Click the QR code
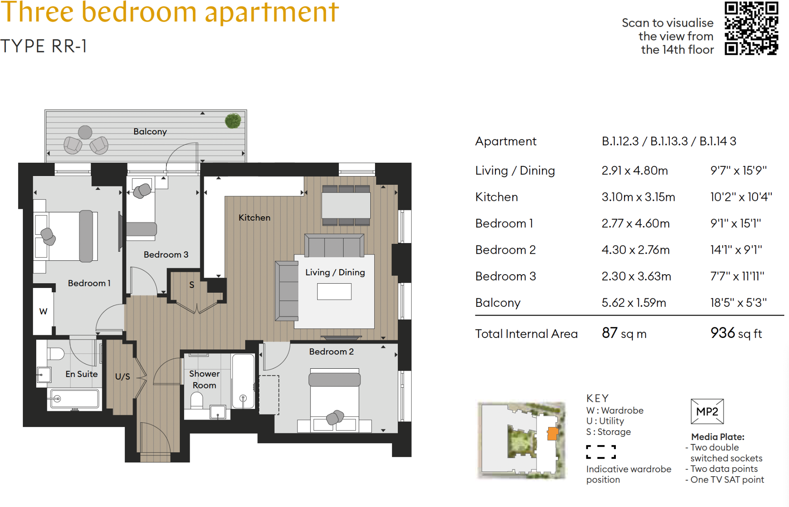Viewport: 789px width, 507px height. (751, 28)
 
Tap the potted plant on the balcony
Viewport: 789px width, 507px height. (233, 121)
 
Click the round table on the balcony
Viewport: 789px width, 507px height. (85, 132)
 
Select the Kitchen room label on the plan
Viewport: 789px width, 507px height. (254, 217)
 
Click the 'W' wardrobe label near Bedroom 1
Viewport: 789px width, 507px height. (43, 311)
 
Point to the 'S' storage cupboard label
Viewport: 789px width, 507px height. (192, 285)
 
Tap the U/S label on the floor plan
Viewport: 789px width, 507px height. (122, 377)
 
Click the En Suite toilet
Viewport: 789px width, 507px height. (56, 353)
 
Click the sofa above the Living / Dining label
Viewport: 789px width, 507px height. (334, 245)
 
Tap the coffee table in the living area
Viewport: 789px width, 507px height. (334, 292)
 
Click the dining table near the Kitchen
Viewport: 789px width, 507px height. (346, 205)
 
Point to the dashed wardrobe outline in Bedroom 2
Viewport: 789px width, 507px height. (269, 395)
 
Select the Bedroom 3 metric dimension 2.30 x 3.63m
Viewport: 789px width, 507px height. (636, 276)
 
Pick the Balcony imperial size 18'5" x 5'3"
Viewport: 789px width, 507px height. (738, 303)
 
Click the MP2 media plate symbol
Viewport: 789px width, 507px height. (707, 411)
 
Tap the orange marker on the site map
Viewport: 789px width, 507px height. (552, 434)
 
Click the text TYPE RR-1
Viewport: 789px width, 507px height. (43, 46)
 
